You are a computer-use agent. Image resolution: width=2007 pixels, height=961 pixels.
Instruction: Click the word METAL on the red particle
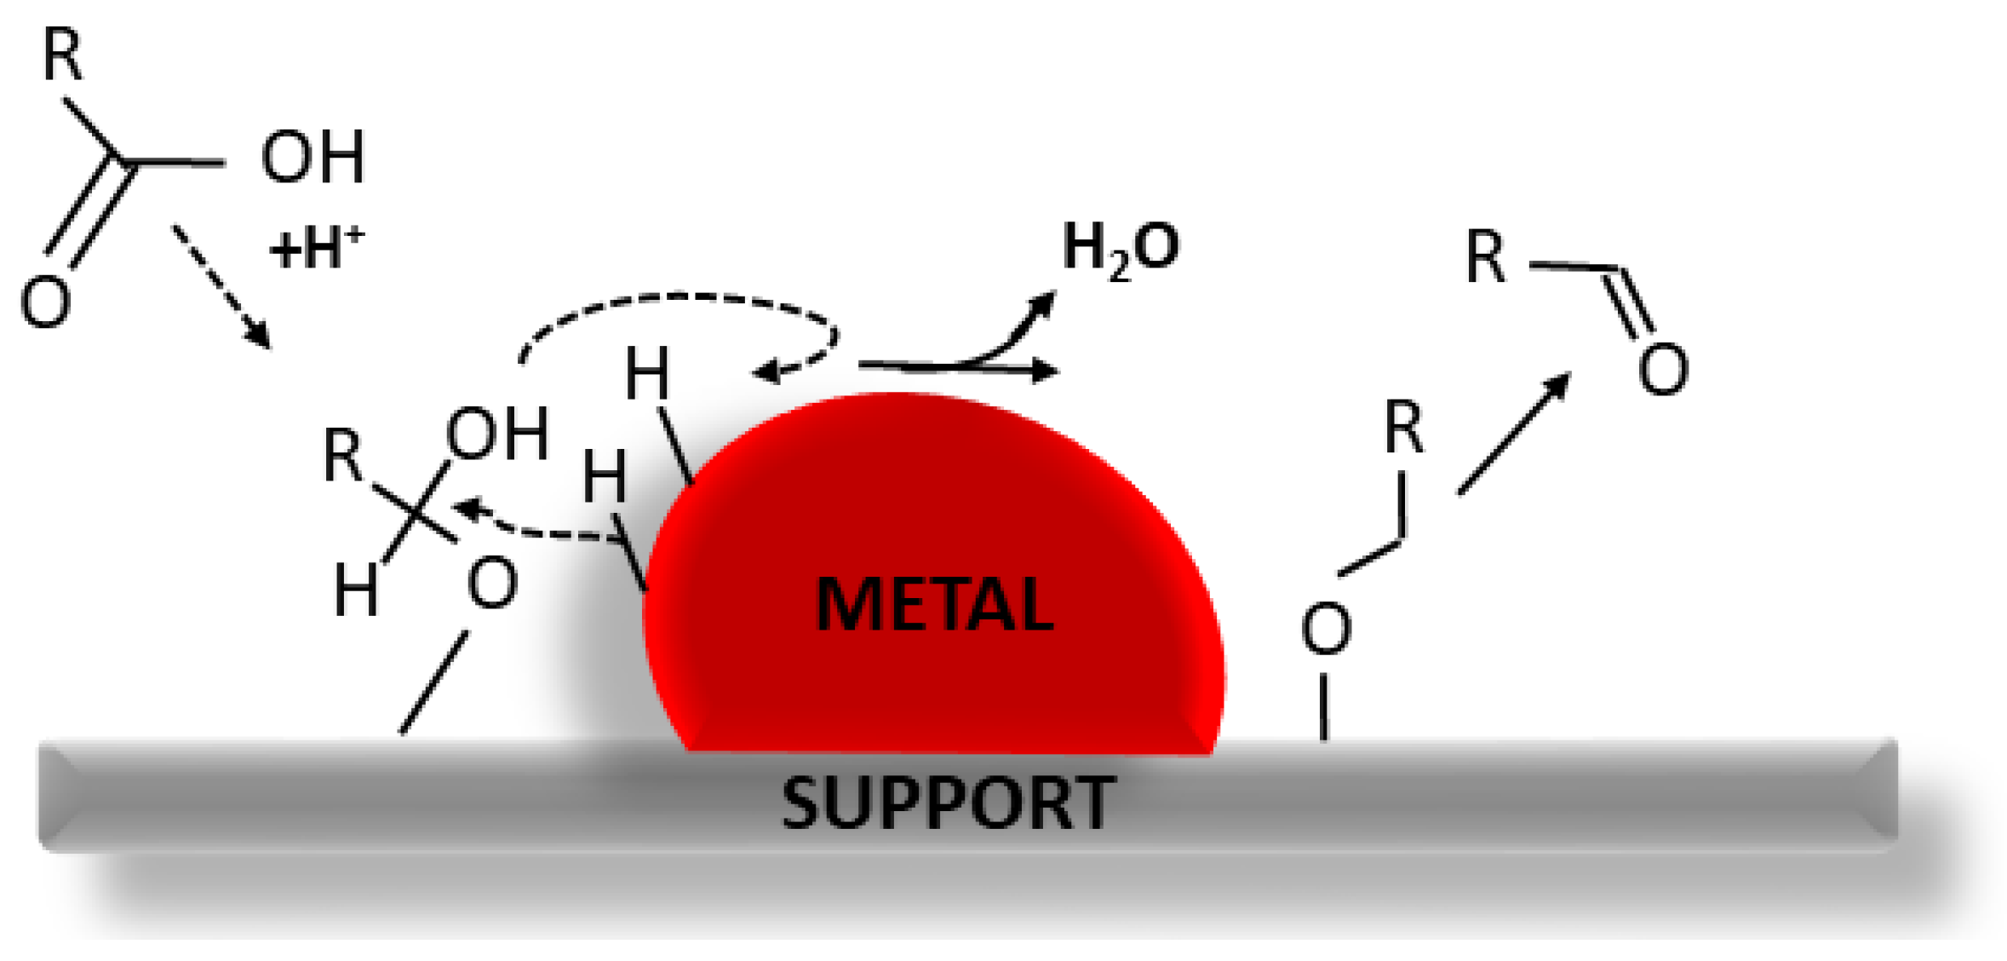(x=934, y=604)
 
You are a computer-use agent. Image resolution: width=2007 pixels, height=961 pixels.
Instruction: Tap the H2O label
(x=1120, y=250)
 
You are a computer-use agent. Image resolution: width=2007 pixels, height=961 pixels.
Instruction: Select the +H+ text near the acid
(x=316, y=248)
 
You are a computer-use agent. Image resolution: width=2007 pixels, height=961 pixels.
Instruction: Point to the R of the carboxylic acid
(x=63, y=55)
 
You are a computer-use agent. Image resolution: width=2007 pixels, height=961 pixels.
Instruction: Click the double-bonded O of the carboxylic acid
(x=44, y=302)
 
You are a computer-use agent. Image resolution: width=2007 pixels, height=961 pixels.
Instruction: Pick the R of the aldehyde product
(x=1485, y=256)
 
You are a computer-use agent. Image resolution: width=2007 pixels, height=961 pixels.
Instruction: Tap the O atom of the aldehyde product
(x=1662, y=369)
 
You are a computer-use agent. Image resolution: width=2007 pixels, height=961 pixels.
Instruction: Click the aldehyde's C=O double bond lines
(x=1629, y=302)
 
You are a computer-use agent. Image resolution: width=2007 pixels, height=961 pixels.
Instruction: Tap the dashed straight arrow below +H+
(x=221, y=287)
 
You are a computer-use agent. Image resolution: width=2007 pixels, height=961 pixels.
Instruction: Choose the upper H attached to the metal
(x=647, y=374)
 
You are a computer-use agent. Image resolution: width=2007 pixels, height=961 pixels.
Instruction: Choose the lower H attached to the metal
(x=604, y=475)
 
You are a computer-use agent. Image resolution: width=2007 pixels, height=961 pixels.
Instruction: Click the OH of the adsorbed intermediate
(x=497, y=434)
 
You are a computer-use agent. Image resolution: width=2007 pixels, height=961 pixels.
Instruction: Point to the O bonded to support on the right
(x=1326, y=629)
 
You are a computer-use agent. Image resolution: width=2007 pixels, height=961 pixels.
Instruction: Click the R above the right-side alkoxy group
(x=1403, y=427)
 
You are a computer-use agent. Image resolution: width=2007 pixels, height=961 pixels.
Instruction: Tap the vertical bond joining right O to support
(x=1324, y=706)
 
